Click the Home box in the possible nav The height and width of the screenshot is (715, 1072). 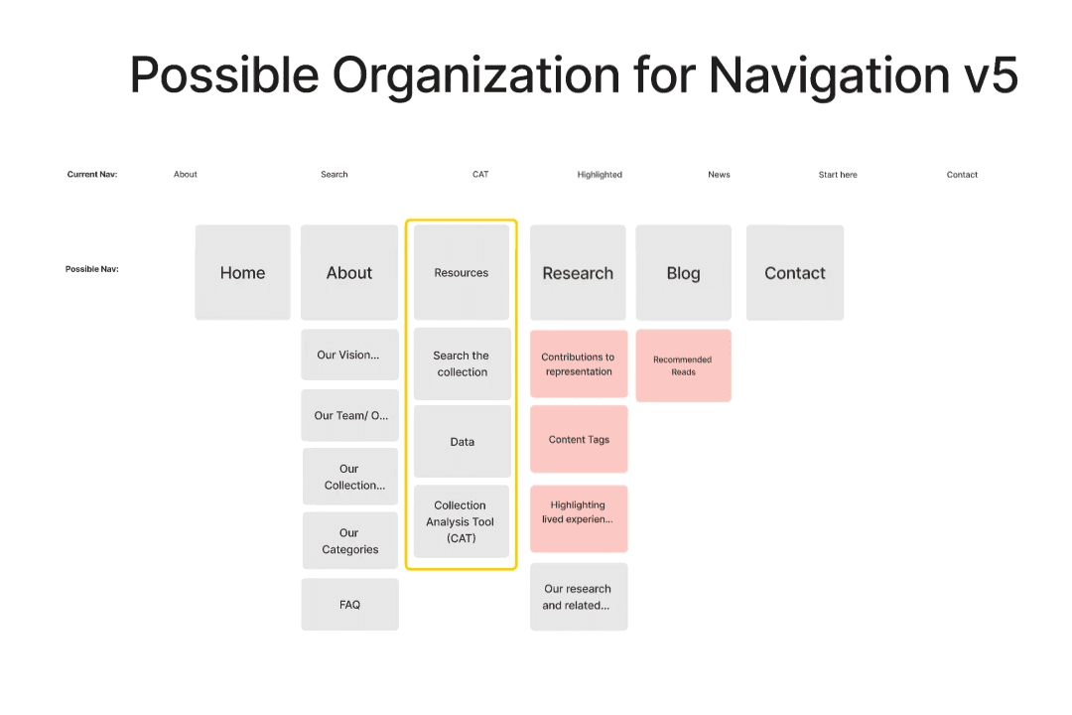(x=242, y=273)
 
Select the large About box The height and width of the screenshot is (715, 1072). (x=349, y=273)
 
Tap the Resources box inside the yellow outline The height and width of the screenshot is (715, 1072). (x=462, y=273)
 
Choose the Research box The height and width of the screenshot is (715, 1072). (x=578, y=273)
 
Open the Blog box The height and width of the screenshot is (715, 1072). (x=683, y=273)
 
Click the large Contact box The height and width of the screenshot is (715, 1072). (x=795, y=273)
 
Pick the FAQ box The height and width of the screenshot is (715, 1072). (x=349, y=604)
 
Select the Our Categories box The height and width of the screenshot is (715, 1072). (x=349, y=541)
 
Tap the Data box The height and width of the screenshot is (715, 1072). (x=462, y=442)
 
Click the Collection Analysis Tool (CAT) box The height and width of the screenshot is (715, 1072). (x=462, y=521)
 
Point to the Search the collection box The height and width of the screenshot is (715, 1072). (x=462, y=363)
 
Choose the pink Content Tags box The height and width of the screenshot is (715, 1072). (x=579, y=439)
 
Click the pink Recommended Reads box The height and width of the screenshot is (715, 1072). (x=683, y=365)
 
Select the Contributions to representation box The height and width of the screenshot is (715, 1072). (x=578, y=364)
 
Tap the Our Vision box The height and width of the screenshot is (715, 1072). (x=348, y=355)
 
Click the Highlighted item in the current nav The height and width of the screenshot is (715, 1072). (x=600, y=175)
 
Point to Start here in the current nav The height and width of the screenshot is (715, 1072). (x=838, y=175)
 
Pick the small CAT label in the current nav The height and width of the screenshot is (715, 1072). (x=480, y=175)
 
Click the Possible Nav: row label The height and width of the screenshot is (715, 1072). (x=92, y=269)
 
